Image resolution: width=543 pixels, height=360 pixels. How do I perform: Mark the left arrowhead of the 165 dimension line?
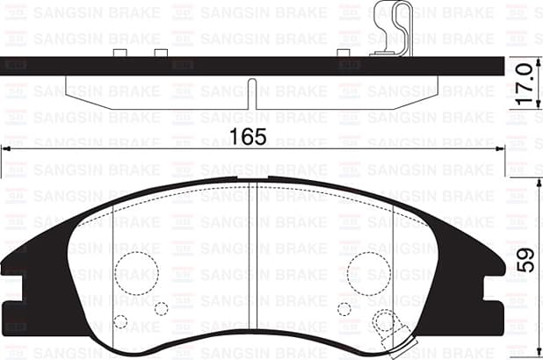pos(7,150)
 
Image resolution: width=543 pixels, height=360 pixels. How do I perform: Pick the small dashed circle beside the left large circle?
pos(161,308)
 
